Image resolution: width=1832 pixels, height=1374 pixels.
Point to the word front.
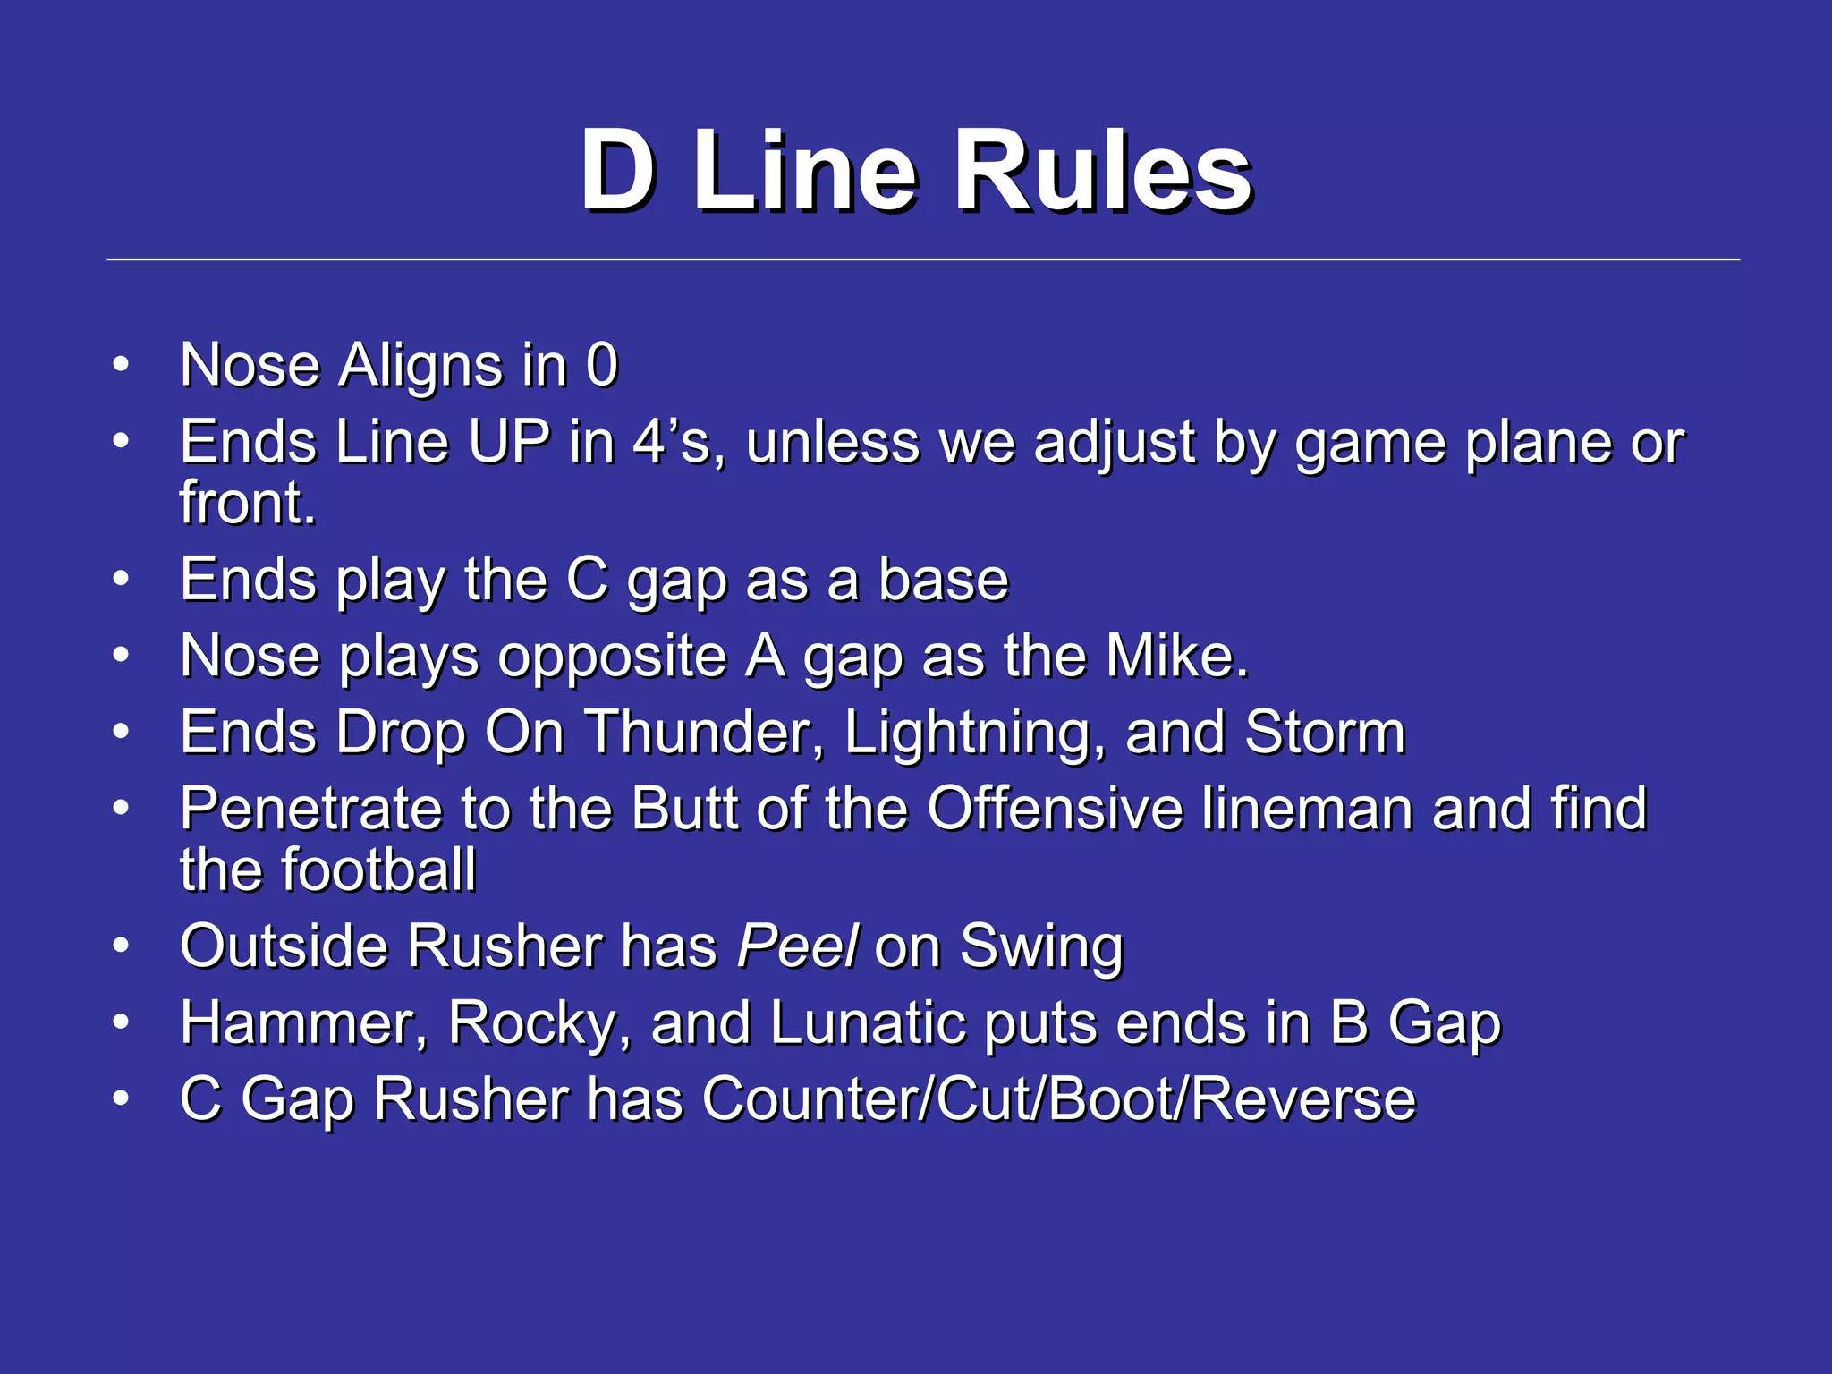248,502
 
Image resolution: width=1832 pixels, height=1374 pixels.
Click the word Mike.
1176,656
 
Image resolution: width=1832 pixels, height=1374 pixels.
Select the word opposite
612,656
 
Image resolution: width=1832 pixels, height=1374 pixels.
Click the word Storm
1325,733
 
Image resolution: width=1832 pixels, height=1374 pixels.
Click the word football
379,869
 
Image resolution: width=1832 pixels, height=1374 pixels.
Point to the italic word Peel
797,946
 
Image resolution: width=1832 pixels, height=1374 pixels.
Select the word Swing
1041,946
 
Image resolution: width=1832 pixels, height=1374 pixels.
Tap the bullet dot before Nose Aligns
122,364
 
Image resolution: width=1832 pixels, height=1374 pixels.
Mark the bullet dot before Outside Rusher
122,946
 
